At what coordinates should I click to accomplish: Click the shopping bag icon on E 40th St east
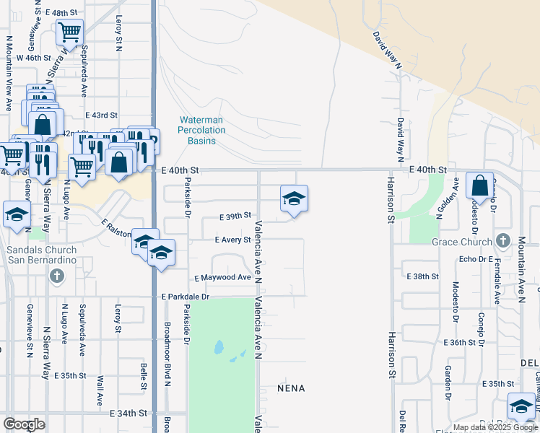coord(480,185)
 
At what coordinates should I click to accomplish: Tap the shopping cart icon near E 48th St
coord(69,32)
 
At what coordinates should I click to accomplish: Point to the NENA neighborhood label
coord(291,388)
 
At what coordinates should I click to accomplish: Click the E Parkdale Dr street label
coord(185,297)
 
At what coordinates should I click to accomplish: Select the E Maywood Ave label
coord(222,277)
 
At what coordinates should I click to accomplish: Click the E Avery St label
coord(232,240)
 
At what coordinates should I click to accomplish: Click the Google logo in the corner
coord(24,424)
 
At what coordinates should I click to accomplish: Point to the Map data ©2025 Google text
coord(495,427)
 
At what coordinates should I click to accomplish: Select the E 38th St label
coord(423,276)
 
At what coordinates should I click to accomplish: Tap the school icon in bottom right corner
coord(521,406)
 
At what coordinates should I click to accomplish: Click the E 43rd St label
coord(101,115)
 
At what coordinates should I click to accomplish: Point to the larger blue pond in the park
coord(219,348)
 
